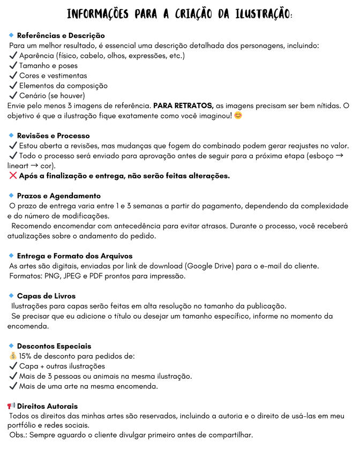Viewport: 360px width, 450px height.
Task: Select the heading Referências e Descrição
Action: click(61, 35)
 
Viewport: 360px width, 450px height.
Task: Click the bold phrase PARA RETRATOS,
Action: click(183, 106)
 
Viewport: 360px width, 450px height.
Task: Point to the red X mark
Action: click(13, 176)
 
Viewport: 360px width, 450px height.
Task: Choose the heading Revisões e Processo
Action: click(54, 136)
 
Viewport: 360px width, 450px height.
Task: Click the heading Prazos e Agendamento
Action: click(59, 196)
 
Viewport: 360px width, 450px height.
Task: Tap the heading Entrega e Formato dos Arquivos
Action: click(75, 256)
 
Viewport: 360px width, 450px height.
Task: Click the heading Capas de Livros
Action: click(47, 296)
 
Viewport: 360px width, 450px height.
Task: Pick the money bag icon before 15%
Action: click(13, 356)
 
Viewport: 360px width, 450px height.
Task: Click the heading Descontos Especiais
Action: click(54, 346)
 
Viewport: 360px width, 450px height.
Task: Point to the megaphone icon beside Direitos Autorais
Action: click(11, 406)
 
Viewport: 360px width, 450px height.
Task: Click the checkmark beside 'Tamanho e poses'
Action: click(13, 65)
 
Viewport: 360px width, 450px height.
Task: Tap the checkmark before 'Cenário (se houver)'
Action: click(13, 95)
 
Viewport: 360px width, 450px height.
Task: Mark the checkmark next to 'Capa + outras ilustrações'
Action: click(13, 366)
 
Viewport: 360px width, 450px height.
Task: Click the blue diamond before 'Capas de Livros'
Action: click(11, 296)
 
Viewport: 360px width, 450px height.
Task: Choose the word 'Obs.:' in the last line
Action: click(20, 434)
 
